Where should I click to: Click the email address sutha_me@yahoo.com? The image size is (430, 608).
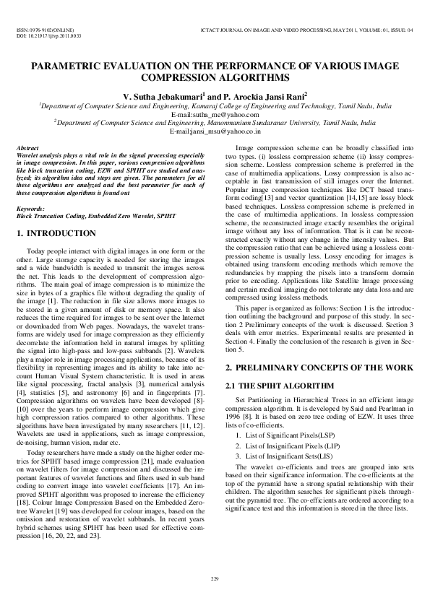click(x=223, y=114)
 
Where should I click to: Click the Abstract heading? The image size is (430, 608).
click(x=27, y=147)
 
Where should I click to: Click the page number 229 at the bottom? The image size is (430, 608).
click(x=215, y=578)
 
